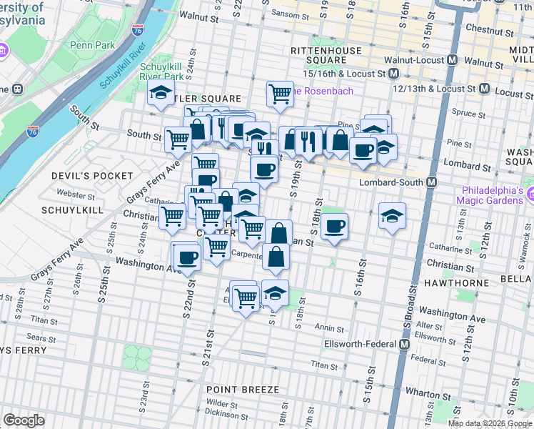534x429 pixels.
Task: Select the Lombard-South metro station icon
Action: point(431,182)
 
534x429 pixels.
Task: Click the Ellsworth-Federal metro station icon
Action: point(404,344)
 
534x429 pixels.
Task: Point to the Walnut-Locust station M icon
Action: point(450,59)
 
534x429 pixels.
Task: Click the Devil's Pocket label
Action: point(92,175)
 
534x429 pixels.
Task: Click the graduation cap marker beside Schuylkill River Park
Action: point(161,93)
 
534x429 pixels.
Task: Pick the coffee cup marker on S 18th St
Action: point(334,227)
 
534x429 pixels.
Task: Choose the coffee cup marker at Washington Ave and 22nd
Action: point(188,257)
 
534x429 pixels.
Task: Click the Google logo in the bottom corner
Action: point(24,420)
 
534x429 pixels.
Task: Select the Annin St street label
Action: point(330,329)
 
